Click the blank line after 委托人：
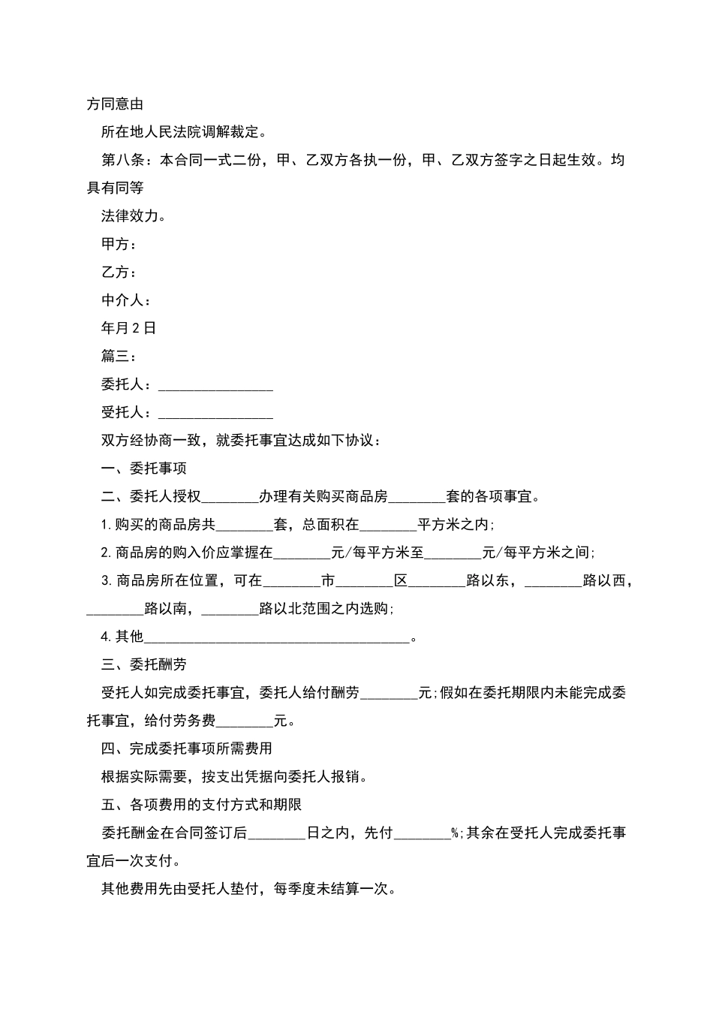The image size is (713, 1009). [x=215, y=385]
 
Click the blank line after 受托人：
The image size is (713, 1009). [x=215, y=413]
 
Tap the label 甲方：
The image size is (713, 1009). [x=119, y=244]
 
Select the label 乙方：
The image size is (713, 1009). [x=119, y=273]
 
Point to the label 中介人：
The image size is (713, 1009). [x=126, y=300]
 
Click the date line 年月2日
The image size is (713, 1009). [x=128, y=328]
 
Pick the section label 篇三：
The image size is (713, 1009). [x=119, y=357]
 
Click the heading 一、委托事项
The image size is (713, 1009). [x=143, y=468]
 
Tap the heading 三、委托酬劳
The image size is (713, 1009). [x=143, y=664]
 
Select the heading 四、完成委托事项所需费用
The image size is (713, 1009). [x=186, y=748]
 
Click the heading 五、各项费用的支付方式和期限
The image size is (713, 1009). [x=201, y=805]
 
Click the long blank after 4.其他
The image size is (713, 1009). [x=277, y=637]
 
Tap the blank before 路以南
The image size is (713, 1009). [x=115, y=609]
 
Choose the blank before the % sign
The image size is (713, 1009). [x=422, y=833]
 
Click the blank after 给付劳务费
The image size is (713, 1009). [x=245, y=721]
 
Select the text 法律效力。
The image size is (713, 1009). [x=134, y=216]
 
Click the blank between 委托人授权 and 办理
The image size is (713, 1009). [x=230, y=497]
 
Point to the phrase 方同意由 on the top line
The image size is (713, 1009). [x=115, y=104]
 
